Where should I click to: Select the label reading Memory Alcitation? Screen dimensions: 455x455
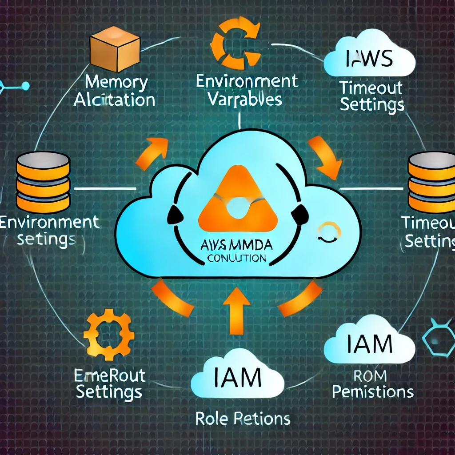(x=115, y=92)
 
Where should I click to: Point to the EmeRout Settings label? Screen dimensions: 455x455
(x=109, y=384)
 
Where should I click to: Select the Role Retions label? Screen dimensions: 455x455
(x=243, y=419)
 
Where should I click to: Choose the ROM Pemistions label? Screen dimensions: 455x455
(x=372, y=385)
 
